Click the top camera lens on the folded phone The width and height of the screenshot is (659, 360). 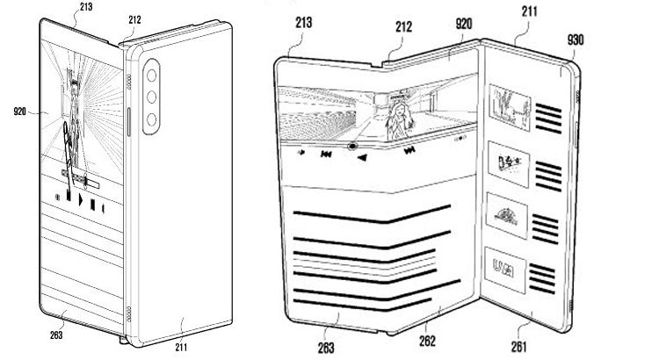pos(151,76)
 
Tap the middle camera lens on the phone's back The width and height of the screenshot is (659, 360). pos(151,97)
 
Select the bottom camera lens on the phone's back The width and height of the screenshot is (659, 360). pos(151,119)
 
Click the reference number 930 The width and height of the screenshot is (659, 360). pos(576,40)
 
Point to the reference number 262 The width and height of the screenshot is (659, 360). pos(427,341)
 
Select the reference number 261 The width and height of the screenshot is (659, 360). pos(519,346)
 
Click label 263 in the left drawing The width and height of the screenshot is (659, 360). pos(56,335)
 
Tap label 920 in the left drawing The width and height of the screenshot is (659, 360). pos(19,112)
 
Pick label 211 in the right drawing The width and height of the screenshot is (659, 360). pos(530,11)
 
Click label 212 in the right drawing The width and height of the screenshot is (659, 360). pos(403,27)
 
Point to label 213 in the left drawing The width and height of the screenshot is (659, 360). pos(85,7)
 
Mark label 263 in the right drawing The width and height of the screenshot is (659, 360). pos(326,348)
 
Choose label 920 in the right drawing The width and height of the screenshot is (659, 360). pos(464,24)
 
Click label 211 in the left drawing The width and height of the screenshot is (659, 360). pos(181,347)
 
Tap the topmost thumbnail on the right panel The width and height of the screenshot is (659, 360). pos(510,106)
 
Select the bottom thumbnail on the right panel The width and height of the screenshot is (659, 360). pos(505,270)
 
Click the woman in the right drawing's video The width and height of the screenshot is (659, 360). pos(400,120)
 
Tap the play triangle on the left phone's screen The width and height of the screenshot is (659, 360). pos(80,200)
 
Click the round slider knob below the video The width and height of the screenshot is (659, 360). pos(352,146)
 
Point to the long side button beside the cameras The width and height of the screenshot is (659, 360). pos(129,122)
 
